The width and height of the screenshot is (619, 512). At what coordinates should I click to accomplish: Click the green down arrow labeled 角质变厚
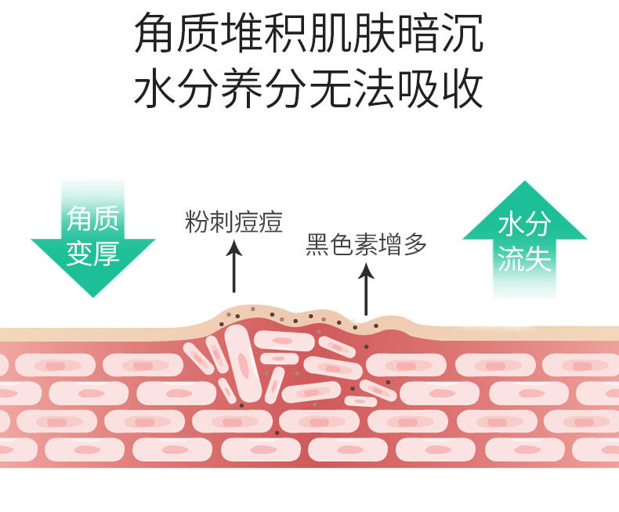[x=92, y=239]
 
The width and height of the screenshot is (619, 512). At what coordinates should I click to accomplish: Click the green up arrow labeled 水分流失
[x=525, y=239]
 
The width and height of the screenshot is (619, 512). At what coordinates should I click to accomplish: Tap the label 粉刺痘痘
[x=233, y=222]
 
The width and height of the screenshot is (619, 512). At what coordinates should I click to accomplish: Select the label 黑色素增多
[x=366, y=245]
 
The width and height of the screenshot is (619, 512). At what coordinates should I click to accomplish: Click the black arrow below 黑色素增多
[x=366, y=290]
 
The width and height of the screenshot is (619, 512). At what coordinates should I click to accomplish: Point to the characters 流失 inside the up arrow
[x=525, y=259]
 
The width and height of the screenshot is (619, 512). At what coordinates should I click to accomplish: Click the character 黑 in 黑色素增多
[x=316, y=245]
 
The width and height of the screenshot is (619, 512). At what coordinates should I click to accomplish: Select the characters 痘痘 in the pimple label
[x=258, y=222]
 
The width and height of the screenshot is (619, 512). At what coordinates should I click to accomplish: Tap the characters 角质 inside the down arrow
[x=92, y=219]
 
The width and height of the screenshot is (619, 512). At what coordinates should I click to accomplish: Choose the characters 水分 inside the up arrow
[x=525, y=225]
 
